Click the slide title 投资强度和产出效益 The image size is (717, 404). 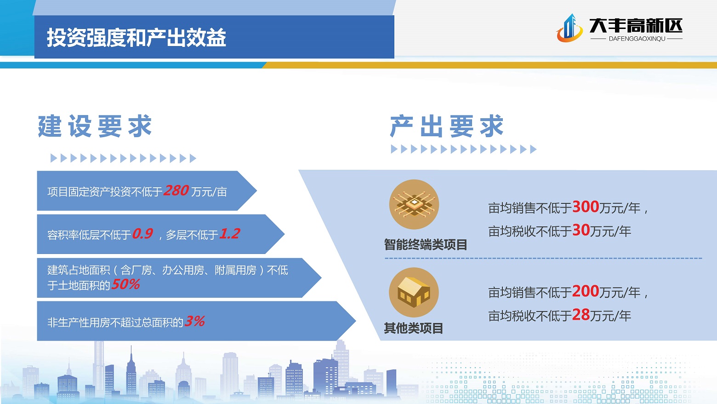point(137,37)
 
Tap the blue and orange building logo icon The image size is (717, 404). point(569,28)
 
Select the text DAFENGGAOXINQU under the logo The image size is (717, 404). point(637,39)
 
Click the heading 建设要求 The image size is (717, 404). point(95,126)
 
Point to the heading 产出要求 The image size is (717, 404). point(447,126)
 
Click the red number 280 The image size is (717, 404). point(176,190)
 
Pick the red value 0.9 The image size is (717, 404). point(142,234)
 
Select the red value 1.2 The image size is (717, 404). point(229,234)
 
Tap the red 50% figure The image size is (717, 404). point(125,284)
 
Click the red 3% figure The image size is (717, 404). point(194,321)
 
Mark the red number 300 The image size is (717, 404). point(586,207)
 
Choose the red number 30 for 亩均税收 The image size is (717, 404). point(581,231)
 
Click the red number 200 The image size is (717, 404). point(586,291)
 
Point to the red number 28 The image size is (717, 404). point(581,315)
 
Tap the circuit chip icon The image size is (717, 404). point(414,204)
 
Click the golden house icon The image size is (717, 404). point(414,293)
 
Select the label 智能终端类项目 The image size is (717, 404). point(426,245)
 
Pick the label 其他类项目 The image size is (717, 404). point(414,329)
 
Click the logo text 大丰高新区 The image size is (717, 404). point(636,26)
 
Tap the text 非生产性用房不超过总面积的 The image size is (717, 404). point(115,322)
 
